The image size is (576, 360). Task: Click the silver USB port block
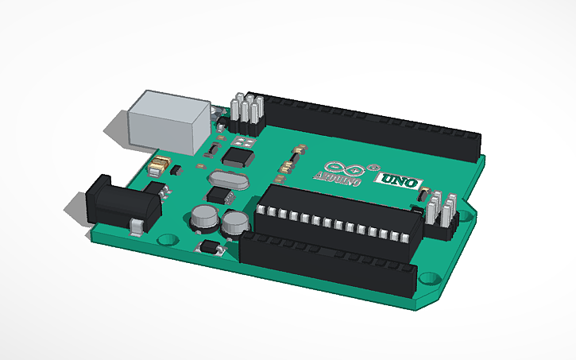click(169, 121)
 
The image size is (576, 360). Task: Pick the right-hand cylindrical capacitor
click(234, 223)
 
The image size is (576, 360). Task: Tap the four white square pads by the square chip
click(242, 140)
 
